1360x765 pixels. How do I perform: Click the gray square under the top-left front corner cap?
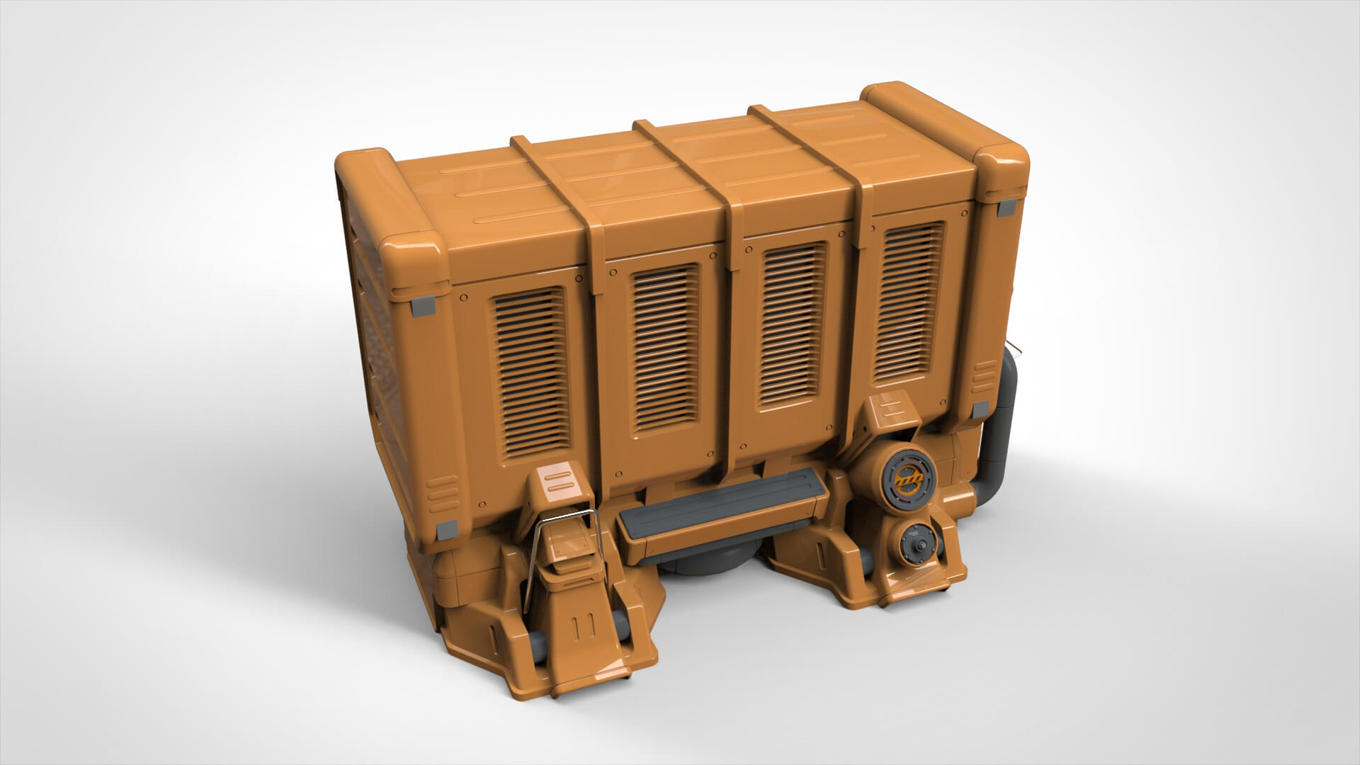click(x=424, y=306)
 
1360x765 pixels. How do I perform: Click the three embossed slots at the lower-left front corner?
click(x=443, y=489)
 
